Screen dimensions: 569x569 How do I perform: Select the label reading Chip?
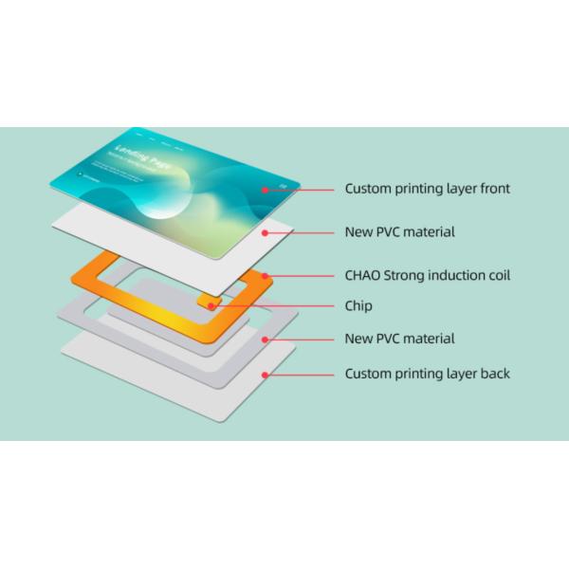[359, 306]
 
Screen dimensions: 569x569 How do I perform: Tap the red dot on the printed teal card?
[266, 190]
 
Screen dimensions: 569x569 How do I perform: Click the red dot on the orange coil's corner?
[266, 276]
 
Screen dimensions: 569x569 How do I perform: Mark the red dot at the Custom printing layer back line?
[267, 375]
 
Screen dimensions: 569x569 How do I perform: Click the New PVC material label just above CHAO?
[399, 232]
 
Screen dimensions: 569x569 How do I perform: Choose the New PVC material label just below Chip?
[399, 339]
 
